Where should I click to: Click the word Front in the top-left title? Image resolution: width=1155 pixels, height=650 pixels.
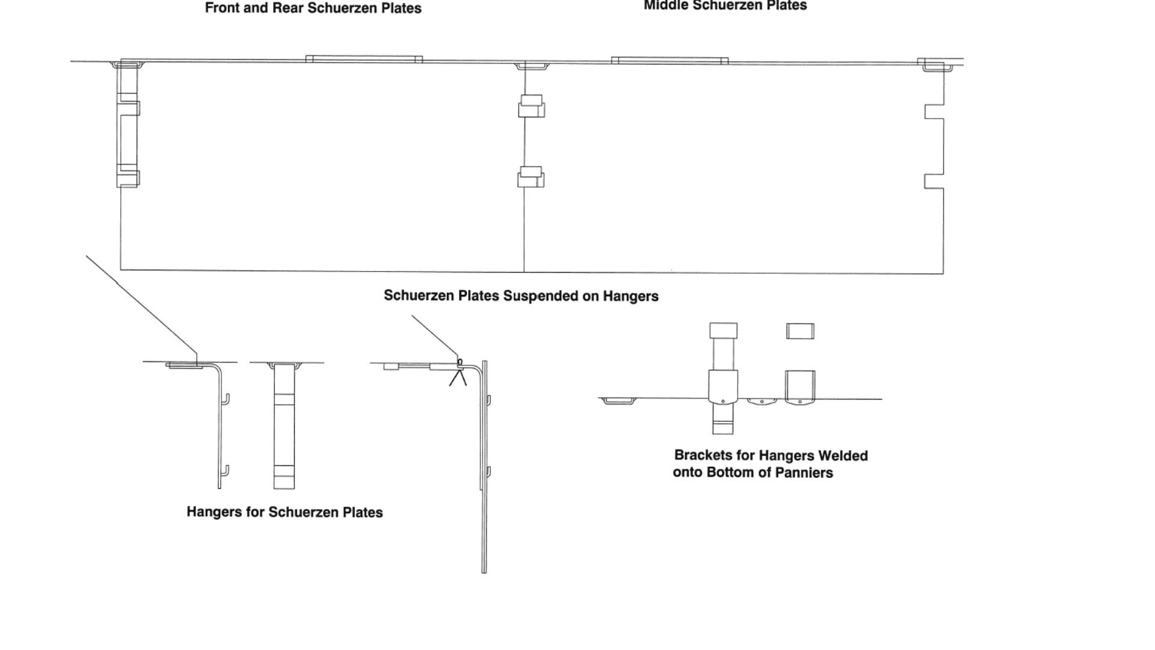click(221, 8)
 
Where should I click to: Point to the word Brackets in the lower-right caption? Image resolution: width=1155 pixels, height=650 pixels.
click(703, 456)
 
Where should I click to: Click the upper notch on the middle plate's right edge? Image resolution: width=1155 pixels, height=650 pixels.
click(934, 112)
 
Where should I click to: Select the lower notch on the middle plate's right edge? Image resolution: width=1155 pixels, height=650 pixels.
click(934, 181)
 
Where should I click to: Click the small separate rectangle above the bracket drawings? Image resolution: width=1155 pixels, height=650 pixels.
click(800, 331)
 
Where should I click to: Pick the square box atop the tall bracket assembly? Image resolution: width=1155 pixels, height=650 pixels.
click(723, 330)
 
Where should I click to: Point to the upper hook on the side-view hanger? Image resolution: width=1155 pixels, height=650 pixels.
click(226, 399)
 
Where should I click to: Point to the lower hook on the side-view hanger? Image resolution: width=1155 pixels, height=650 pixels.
click(226, 470)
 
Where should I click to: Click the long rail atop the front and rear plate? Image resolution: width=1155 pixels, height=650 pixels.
click(364, 59)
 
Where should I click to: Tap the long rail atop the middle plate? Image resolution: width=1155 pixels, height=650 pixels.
click(670, 60)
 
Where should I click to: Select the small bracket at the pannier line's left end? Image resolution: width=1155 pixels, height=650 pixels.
click(618, 401)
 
